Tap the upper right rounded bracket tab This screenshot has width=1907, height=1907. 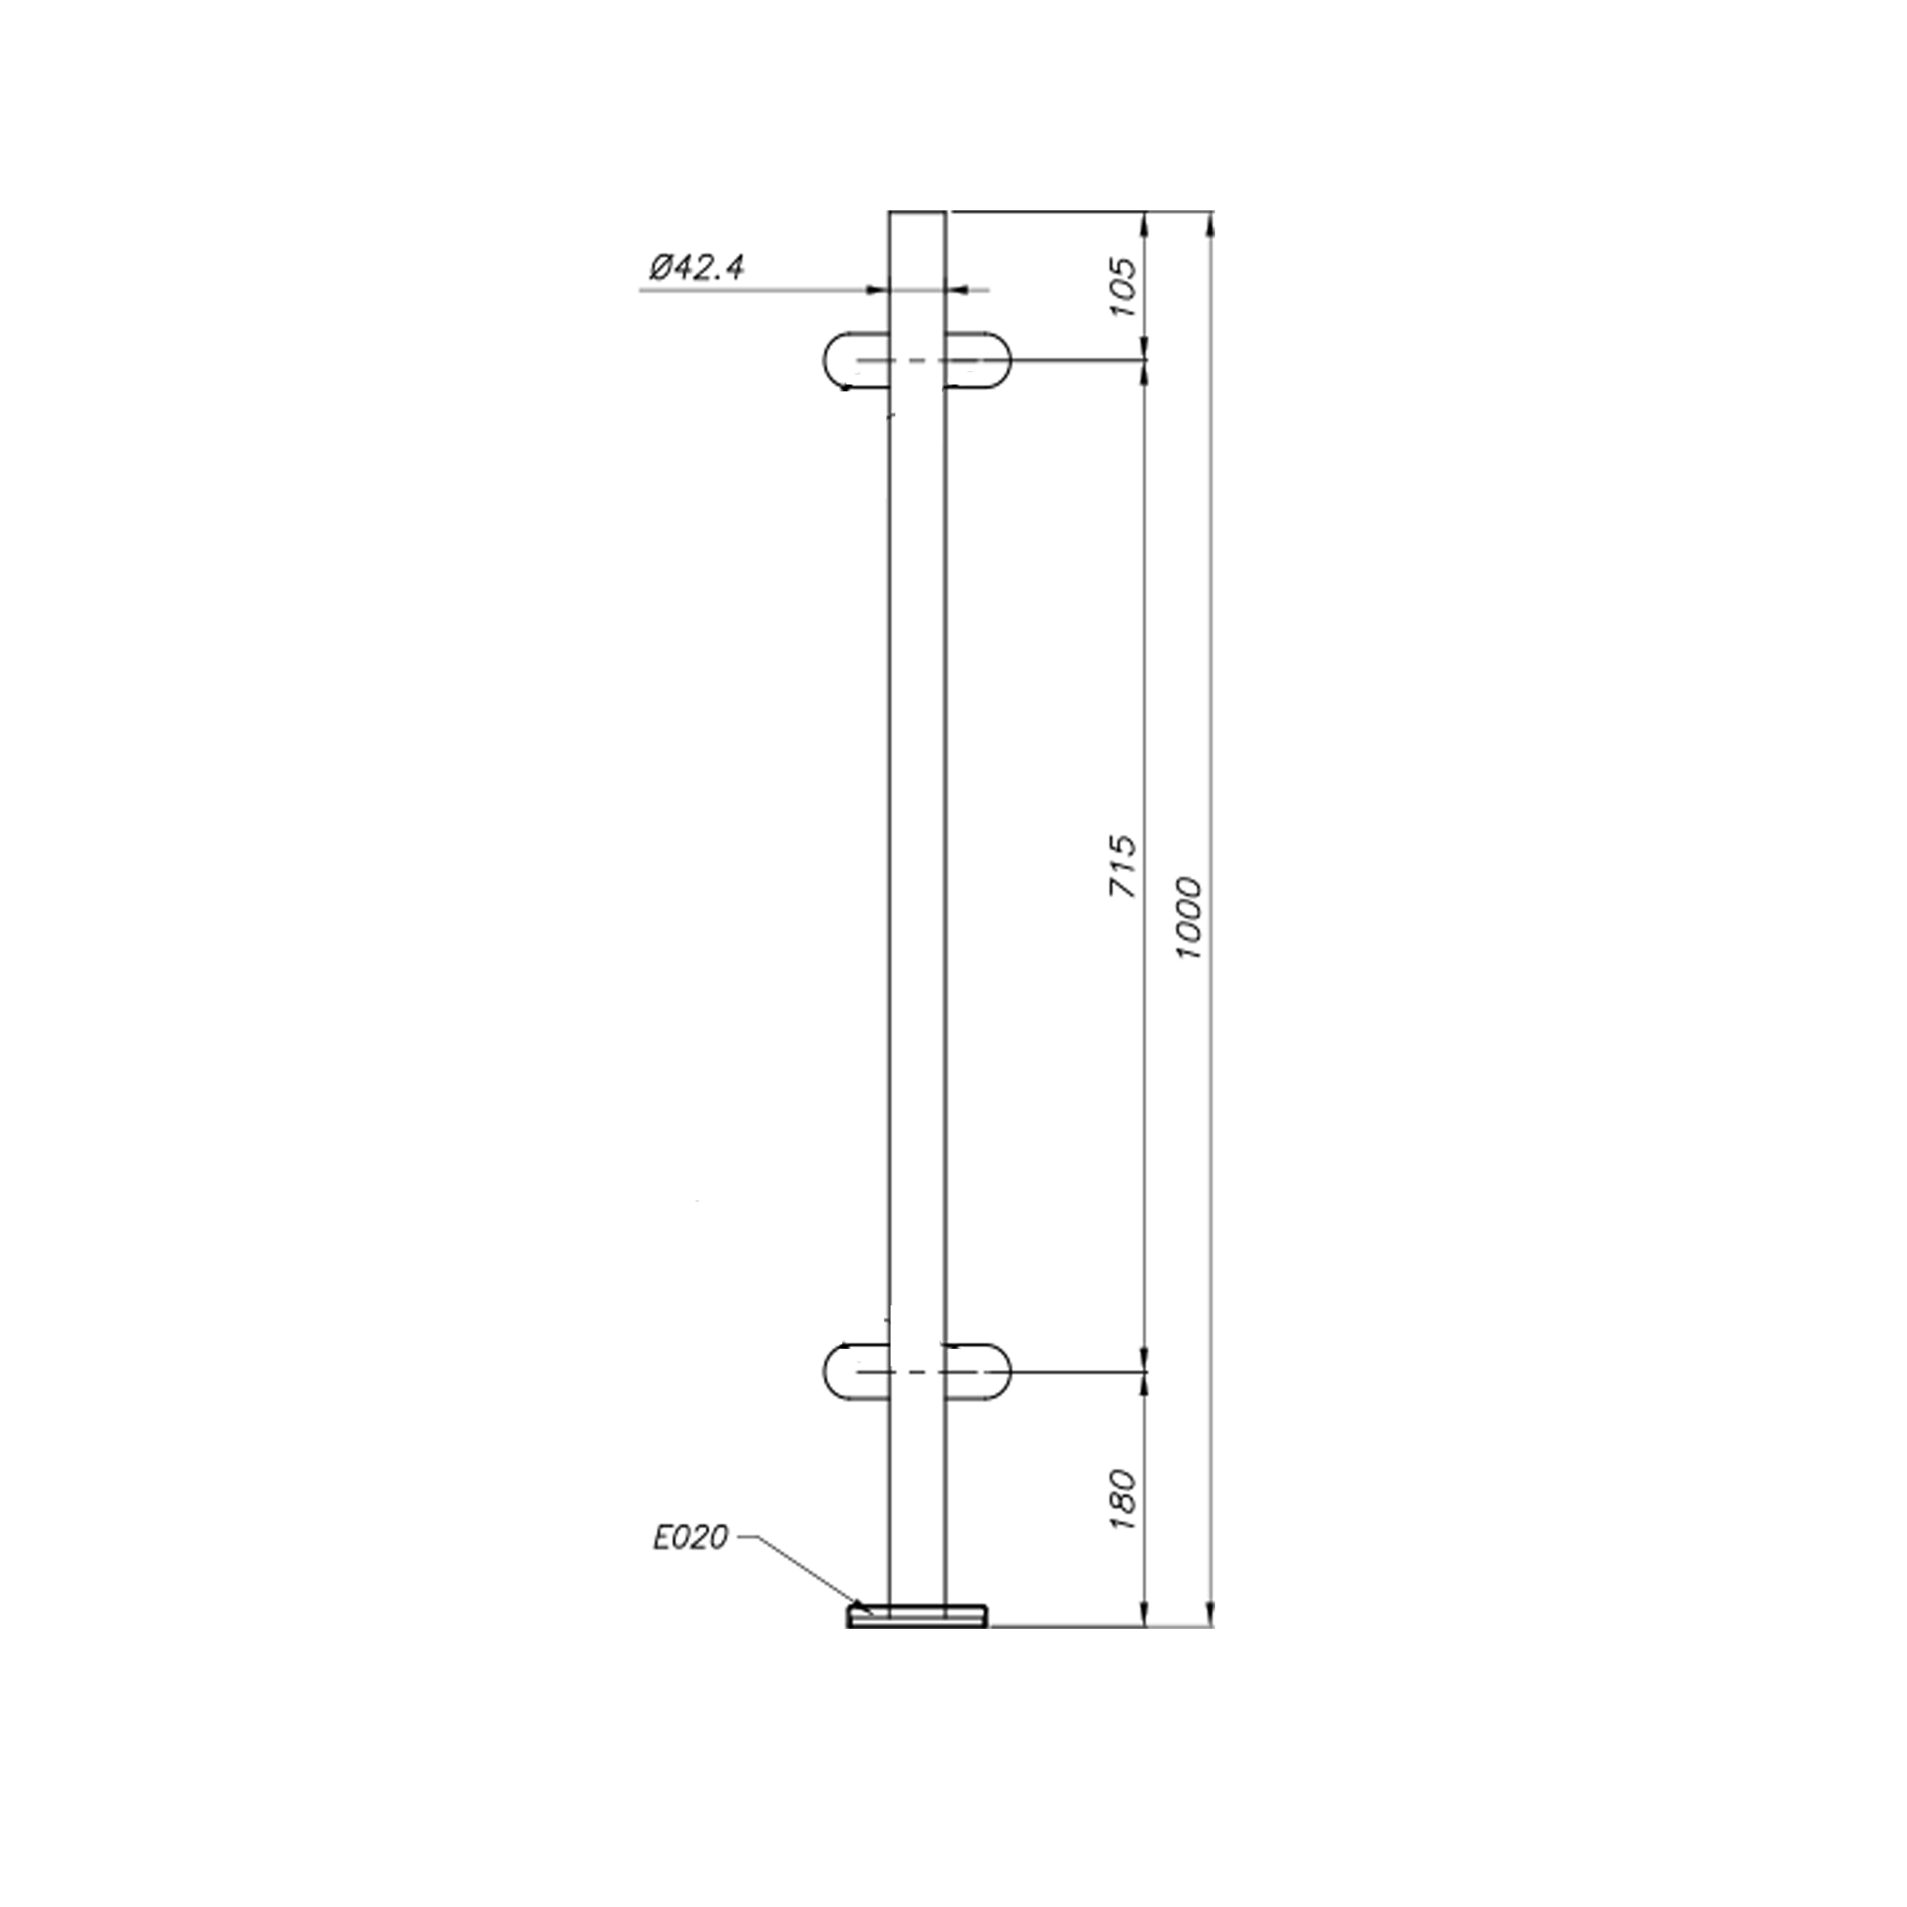tap(979, 361)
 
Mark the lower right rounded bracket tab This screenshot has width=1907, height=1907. tap(979, 1372)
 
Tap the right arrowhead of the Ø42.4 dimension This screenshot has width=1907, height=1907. tap(958, 290)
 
